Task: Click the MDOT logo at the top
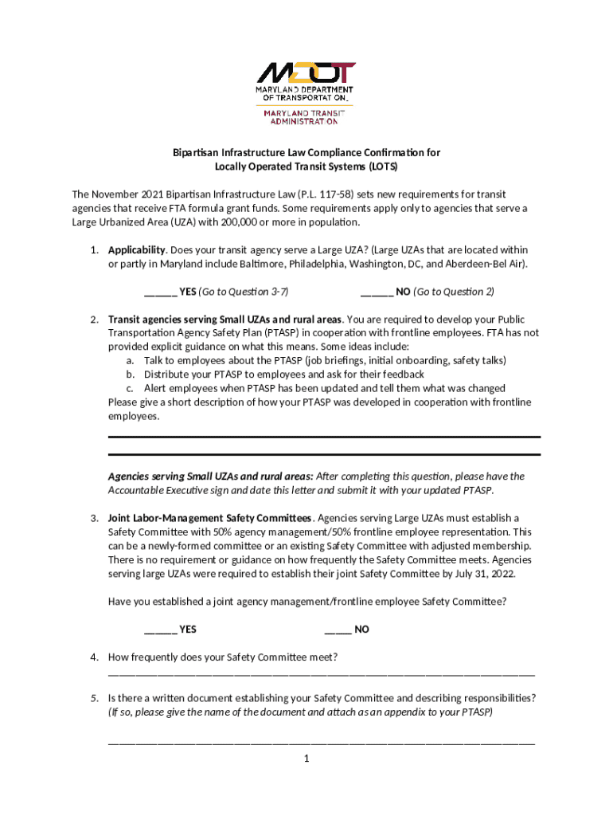click(x=306, y=74)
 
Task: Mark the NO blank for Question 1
click(x=376, y=292)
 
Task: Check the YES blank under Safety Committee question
click(x=160, y=630)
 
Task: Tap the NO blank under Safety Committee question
click(x=338, y=630)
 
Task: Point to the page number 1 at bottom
click(x=306, y=758)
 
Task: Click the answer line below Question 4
click(x=321, y=673)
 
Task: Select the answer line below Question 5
click(x=321, y=742)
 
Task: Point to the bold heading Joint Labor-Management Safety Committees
click(x=210, y=517)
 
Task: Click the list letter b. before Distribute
click(x=129, y=375)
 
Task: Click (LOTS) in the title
click(x=381, y=167)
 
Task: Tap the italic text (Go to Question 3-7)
click(x=243, y=292)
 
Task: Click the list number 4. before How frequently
click(x=94, y=657)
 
